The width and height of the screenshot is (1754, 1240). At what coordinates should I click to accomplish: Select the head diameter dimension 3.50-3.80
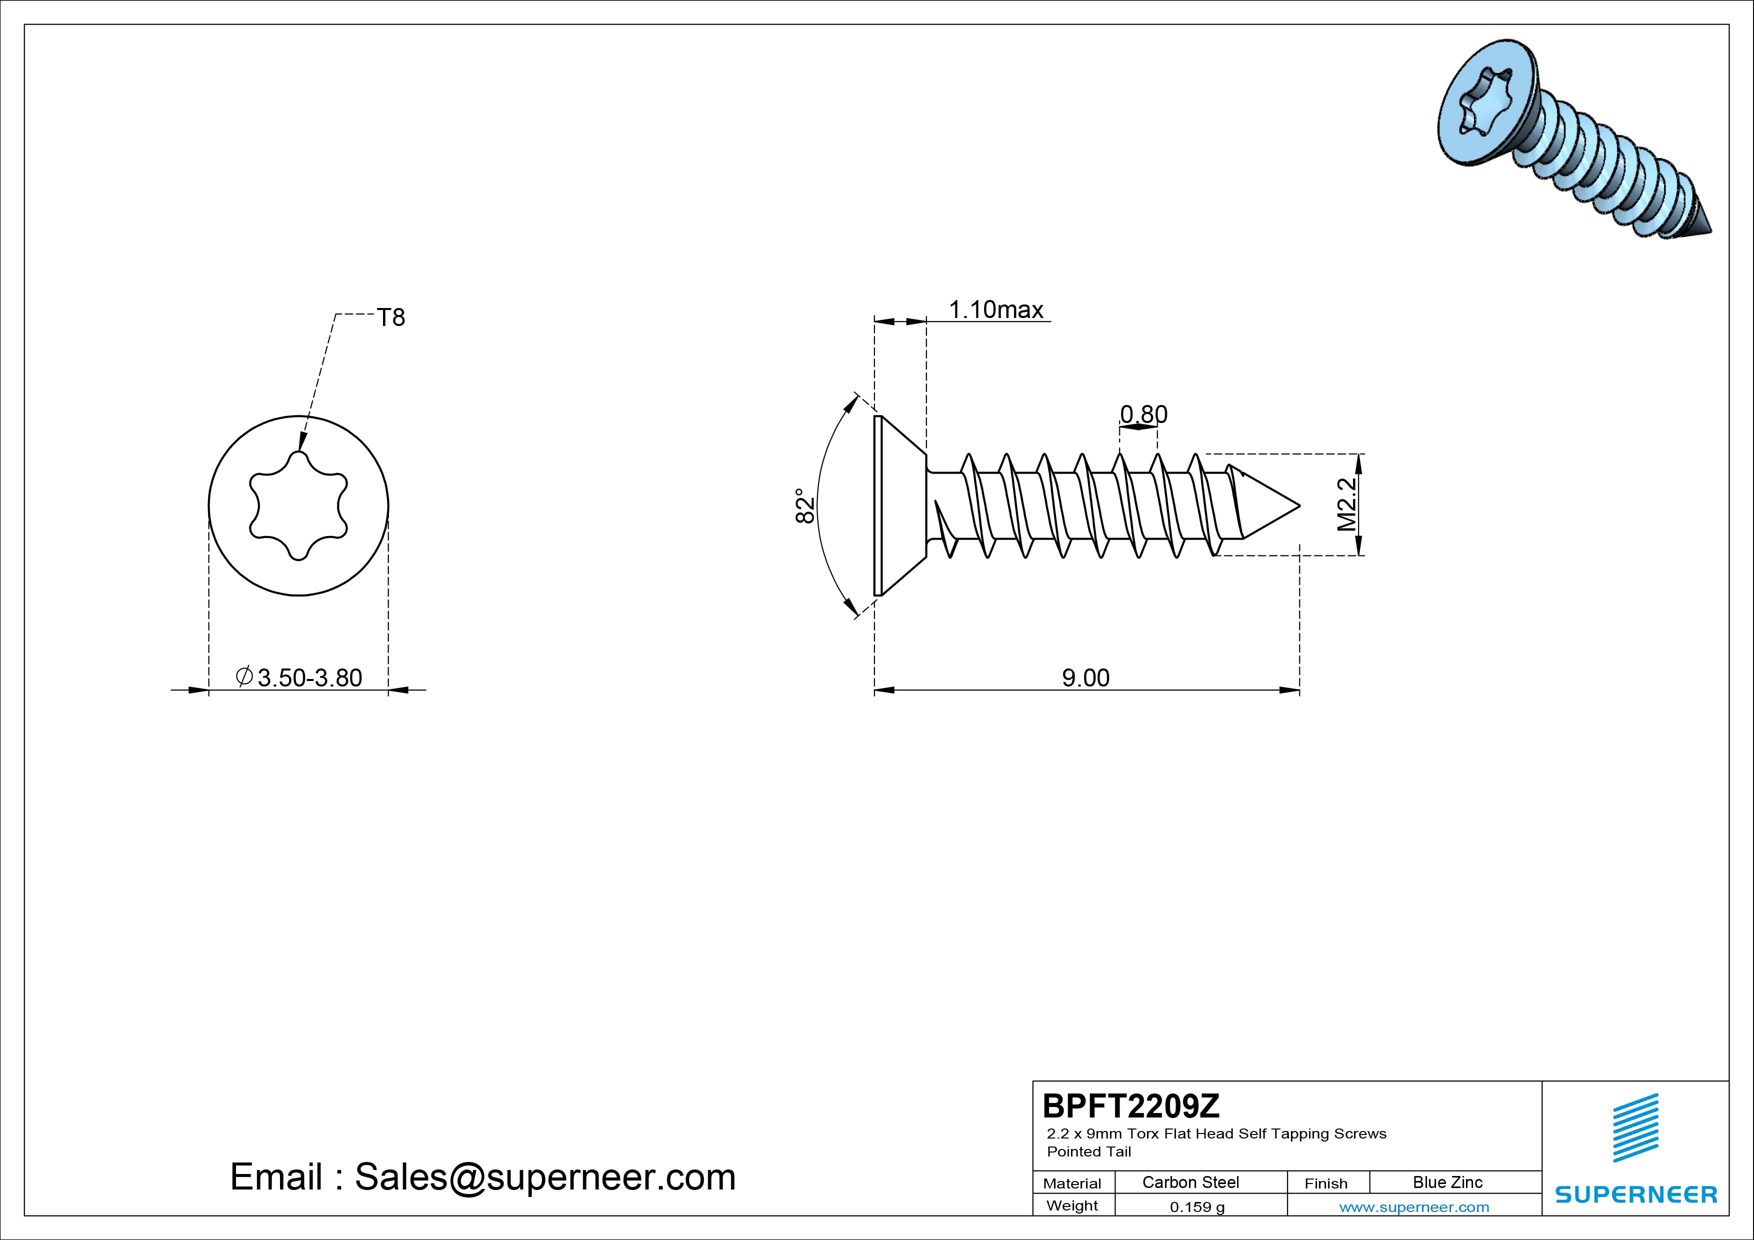(299, 677)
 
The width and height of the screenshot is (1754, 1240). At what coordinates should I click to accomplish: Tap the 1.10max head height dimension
(996, 309)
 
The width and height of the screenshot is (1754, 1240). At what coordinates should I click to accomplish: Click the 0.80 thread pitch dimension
(1143, 414)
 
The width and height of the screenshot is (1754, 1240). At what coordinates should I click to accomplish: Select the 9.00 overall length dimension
(1085, 677)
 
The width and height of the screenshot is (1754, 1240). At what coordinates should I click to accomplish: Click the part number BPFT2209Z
(1131, 1105)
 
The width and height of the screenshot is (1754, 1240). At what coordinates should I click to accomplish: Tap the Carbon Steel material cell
(1190, 1182)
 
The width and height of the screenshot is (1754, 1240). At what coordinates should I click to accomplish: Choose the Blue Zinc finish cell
(1447, 1182)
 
